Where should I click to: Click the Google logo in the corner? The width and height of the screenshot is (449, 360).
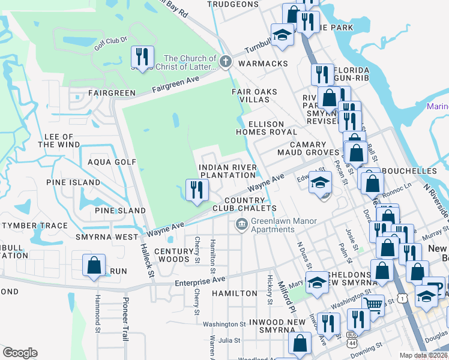[20, 353]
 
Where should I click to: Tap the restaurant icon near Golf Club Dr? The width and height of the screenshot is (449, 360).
[142, 58]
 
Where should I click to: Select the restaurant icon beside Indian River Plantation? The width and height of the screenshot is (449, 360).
[196, 190]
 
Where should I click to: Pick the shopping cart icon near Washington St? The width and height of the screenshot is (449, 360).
[373, 305]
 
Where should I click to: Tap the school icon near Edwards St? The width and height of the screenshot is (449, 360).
[321, 182]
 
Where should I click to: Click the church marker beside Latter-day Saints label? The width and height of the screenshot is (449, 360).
[225, 61]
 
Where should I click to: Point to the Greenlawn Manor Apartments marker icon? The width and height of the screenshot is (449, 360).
[241, 224]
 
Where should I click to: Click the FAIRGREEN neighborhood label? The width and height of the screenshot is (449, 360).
[112, 93]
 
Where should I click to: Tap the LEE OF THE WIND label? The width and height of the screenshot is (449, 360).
[59, 141]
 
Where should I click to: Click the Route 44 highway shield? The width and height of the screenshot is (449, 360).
[351, 341]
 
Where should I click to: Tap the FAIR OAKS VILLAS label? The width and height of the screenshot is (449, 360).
[255, 96]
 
